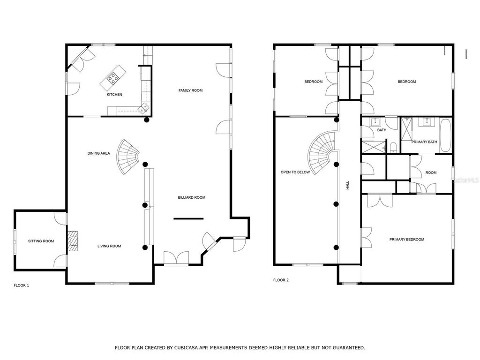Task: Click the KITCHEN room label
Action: [114, 95]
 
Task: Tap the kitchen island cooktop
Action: [113, 78]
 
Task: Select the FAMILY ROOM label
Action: [190, 90]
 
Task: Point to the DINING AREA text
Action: [98, 153]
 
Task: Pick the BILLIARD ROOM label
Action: [191, 198]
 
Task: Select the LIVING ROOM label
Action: [109, 246]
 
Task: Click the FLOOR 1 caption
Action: [22, 285]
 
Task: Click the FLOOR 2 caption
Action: [281, 280]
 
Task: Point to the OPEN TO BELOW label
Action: [295, 172]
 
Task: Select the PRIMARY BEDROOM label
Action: [406, 240]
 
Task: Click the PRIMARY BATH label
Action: [424, 142]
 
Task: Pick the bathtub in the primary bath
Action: [445, 135]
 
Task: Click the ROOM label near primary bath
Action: [431, 172]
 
